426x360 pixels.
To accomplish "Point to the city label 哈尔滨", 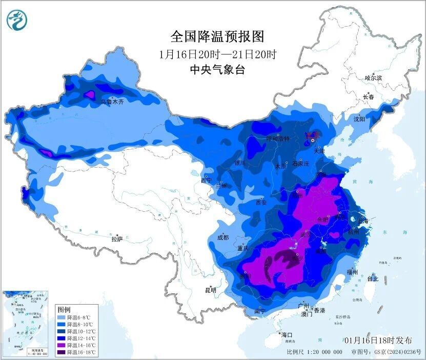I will (x=373, y=78).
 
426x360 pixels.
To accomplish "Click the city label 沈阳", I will (x=359, y=119).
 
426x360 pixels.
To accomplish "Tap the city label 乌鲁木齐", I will (x=112, y=102).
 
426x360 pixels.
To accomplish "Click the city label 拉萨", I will (x=117, y=238).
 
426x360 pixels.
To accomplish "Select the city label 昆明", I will (x=211, y=290).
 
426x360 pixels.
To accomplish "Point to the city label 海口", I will (x=288, y=334).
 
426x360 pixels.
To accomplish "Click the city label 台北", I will (x=373, y=279).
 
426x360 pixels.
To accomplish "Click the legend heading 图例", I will (x=64, y=310).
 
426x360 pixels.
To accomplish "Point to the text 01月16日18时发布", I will (x=378, y=341).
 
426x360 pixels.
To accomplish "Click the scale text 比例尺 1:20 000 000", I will (x=315, y=352).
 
